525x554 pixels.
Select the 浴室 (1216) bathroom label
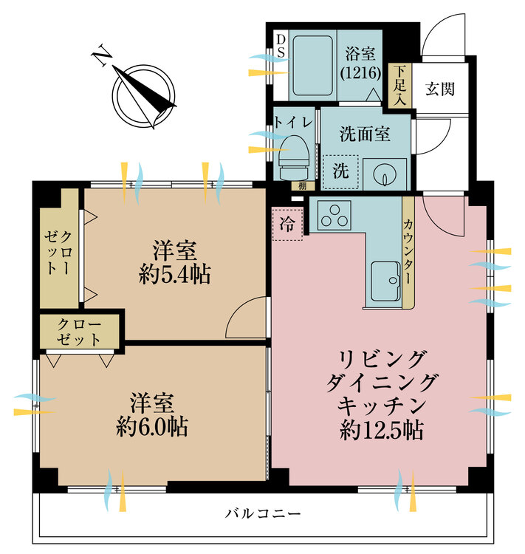(361, 63)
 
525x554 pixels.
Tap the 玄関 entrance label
(439, 89)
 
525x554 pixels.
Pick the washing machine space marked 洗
(340, 171)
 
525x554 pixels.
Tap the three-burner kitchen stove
(335, 215)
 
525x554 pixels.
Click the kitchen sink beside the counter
(385, 281)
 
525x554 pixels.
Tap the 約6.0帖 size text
(152, 426)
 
